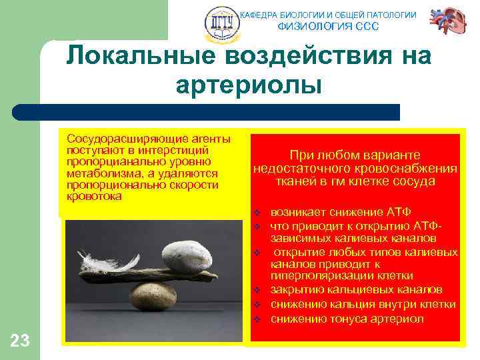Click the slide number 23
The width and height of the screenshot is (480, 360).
point(20,341)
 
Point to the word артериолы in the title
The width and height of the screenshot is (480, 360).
point(249,86)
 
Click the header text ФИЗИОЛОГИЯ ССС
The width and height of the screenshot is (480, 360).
point(327,27)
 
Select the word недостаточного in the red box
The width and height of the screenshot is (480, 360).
point(300,167)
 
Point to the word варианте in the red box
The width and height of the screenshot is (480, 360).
point(394,153)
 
